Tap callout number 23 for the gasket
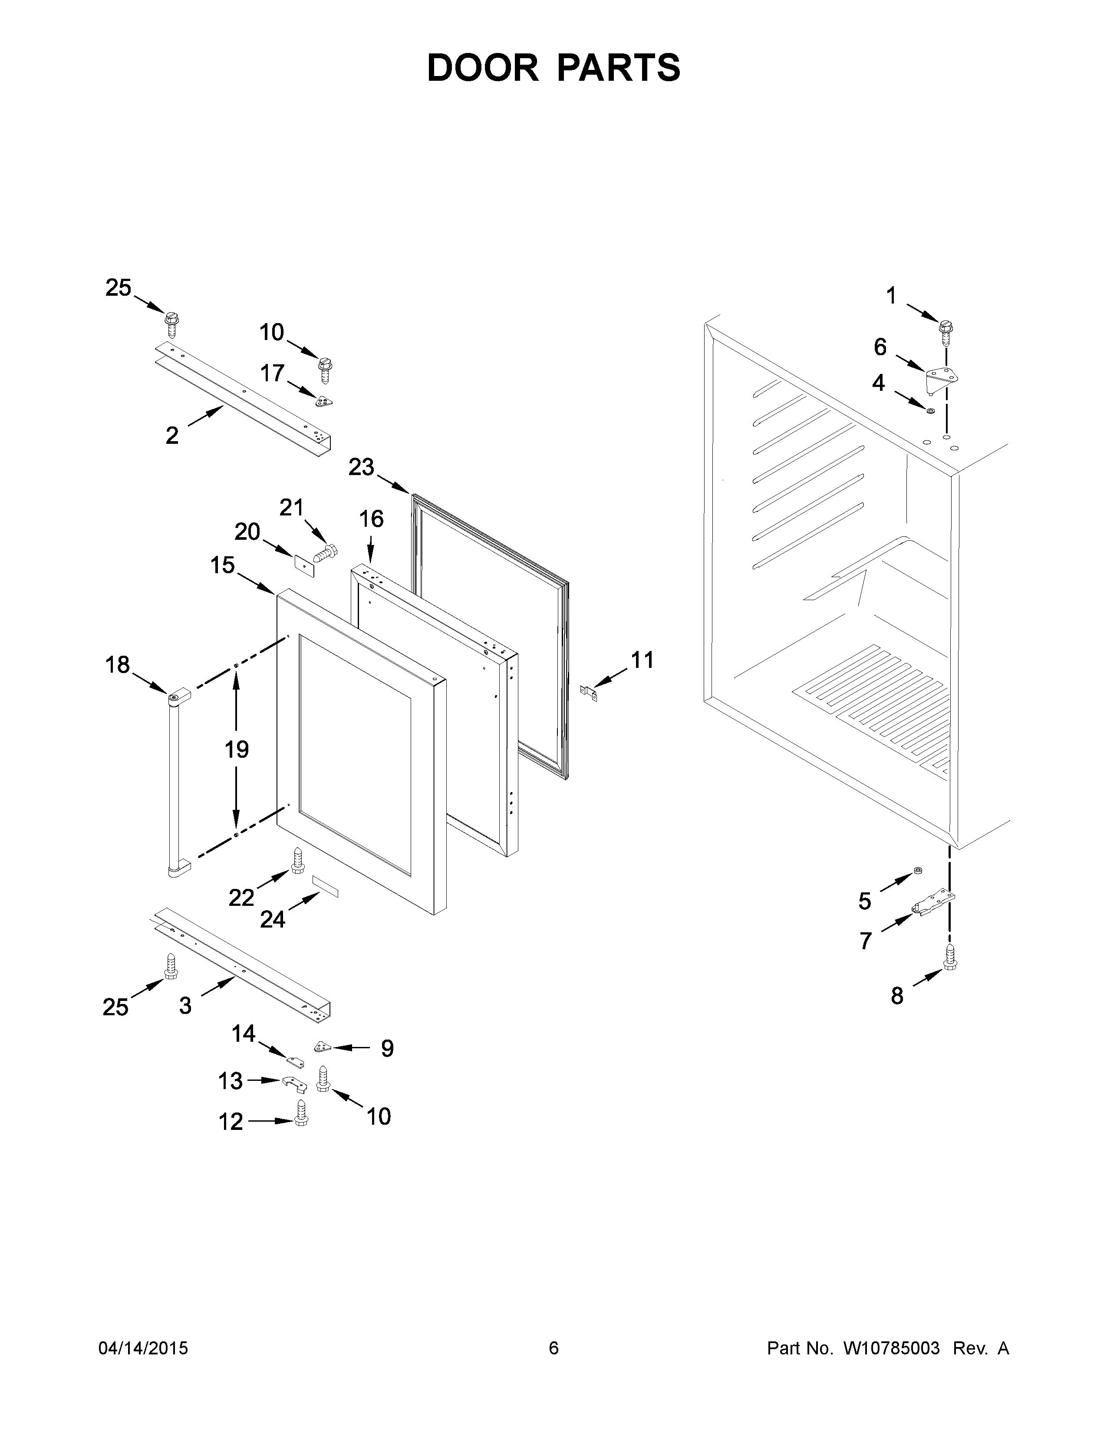pyautogui.click(x=361, y=468)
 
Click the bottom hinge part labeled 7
pyautogui.click(x=934, y=903)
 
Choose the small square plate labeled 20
pyautogui.click(x=303, y=564)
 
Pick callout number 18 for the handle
pyautogui.click(x=118, y=665)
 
